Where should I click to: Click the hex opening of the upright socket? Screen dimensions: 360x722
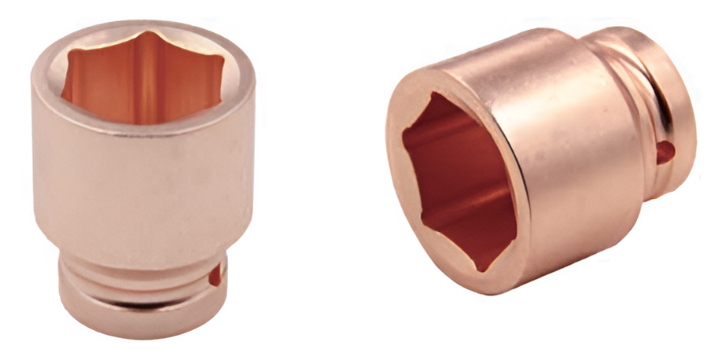(142, 79)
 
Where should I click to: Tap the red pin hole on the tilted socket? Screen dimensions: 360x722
(665, 149)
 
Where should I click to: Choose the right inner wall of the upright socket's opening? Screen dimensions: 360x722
(208, 86)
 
